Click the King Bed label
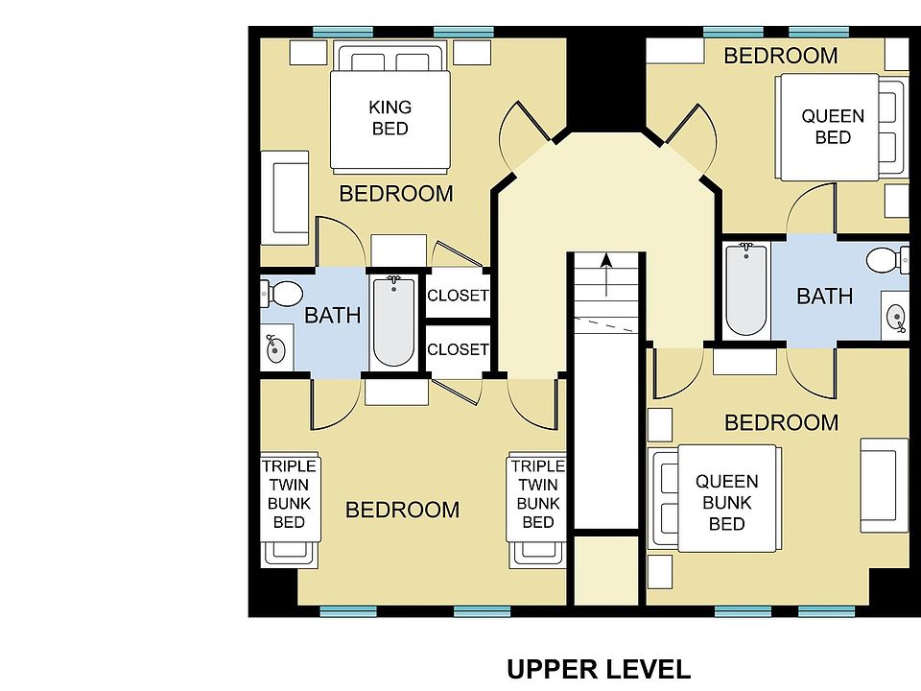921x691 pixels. (x=390, y=117)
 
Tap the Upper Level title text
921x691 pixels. (x=599, y=669)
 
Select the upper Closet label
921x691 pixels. (x=458, y=295)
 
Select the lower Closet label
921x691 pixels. (x=458, y=349)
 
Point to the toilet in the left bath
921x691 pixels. (x=282, y=294)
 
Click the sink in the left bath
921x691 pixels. (x=275, y=349)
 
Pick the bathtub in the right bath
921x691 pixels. (x=746, y=290)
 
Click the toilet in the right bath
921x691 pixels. (x=887, y=260)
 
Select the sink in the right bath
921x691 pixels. (x=896, y=319)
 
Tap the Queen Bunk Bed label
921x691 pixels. (x=726, y=502)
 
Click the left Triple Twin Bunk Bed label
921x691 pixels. (x=289, y=493)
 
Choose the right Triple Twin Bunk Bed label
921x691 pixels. (x=538, y=493)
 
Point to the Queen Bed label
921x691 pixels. (x=833, y=127)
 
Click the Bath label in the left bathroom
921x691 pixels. (x=333, y=316)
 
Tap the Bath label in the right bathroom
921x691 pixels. (x=825, y=297)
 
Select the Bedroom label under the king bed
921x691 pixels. (x=396, y=193)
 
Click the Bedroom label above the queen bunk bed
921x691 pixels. (x=781, y=422)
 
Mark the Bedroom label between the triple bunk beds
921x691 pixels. (x=402, y=510)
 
